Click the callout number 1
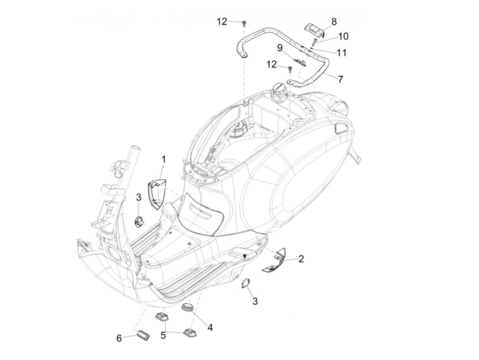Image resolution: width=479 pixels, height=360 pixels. [x=164, y=159]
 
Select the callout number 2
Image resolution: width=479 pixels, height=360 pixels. [x=301, y=259]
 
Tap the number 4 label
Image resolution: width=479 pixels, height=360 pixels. [x=210, y=327]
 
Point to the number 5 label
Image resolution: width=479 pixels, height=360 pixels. [x=163, y=335]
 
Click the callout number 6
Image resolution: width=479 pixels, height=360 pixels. [x=119, y=338]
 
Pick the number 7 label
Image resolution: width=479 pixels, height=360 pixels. [x=340, y=79]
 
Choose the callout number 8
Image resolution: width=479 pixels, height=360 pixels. [x=334, y=22]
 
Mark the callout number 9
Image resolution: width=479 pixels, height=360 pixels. [x=280, y=48]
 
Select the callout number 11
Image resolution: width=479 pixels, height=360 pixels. [x=341, y=53]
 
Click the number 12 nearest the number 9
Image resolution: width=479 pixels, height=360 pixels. [x=272, y=64]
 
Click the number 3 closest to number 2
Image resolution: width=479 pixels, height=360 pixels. [x=255, y=301]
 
